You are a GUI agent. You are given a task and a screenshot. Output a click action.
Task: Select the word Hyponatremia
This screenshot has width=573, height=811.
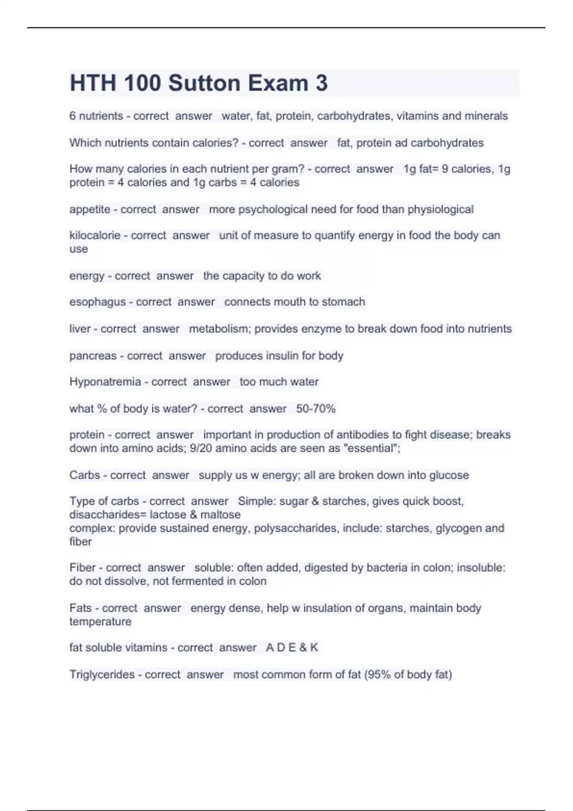105,382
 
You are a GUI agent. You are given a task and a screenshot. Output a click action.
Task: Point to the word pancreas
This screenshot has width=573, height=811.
93,356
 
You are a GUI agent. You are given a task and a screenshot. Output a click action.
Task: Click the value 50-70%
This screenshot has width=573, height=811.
316,409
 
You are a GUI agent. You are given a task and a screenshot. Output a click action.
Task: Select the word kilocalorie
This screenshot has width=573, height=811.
95,236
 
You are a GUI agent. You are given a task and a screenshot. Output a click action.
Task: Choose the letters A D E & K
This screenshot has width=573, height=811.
292,648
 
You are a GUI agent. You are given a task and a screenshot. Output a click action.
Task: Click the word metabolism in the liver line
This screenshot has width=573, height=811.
219,329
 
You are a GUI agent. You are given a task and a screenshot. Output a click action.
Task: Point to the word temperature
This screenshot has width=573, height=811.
100,622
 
